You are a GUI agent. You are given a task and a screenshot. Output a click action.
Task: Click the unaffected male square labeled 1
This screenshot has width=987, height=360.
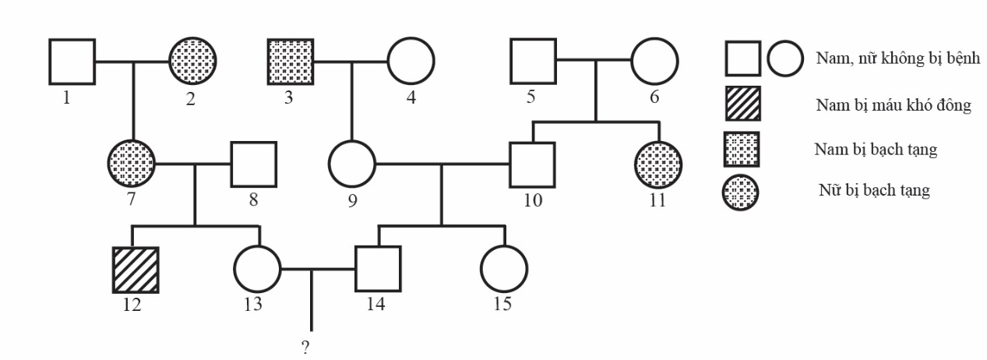(x=72, y=61)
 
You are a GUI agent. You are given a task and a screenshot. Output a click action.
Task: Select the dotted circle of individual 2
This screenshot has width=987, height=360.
(x=193, y=61)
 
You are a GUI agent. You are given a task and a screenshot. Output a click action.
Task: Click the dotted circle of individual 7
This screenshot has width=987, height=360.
(x=131, y=164)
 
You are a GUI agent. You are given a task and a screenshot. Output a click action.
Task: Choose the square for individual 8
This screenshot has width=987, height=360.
(x=254, y=164)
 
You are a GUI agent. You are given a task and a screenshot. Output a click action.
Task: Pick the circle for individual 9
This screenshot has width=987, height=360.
(x=351, y=164)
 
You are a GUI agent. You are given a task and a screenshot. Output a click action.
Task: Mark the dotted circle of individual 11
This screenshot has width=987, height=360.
(x=658, y=164)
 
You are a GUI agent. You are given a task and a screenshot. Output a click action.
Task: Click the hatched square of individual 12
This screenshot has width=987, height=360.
(x=136, y=270)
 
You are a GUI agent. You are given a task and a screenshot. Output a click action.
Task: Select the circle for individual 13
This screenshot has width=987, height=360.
(x=258, y=270)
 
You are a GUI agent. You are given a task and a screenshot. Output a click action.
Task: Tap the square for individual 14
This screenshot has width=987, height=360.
(x=378, y=270)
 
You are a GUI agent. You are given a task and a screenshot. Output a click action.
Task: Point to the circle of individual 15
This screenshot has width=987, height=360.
(x=503, y=270)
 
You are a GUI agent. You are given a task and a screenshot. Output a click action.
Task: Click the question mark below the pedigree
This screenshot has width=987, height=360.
(x=305, y=348)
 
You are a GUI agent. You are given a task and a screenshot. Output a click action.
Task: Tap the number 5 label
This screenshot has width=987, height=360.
(x=530, y=98)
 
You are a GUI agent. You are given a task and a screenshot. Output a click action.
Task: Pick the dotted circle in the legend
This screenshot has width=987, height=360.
(x=742, y=191)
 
